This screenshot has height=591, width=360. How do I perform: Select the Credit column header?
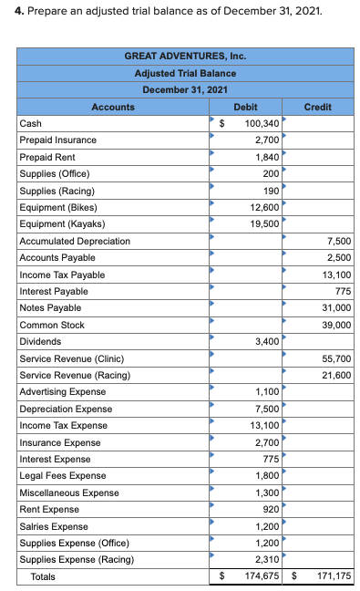[x=317, y=107]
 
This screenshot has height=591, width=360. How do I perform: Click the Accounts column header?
[x=113, y=107]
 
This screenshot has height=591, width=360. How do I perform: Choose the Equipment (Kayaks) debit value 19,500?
[x=264, y=224]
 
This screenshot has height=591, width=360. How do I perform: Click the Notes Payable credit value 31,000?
[x=336, y=308]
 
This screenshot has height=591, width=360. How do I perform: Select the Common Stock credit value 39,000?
[x=336, y=325]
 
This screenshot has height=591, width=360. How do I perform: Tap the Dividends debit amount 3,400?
[x=267, y=341]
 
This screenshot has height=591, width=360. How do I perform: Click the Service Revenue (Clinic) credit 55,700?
[x=336, y=358]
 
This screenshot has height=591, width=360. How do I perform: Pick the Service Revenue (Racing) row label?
[x=75, y=375]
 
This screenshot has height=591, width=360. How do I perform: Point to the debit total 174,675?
[x=262, y=576]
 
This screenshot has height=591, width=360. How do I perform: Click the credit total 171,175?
[x=334, y=576]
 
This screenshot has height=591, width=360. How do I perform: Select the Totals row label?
[x=43, y=576]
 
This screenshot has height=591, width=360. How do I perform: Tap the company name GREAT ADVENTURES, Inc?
[x=185, y=57]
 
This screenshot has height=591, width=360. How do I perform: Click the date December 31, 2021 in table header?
[x=185, y=89]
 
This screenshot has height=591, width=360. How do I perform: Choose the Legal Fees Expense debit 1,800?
[x=267, y=475]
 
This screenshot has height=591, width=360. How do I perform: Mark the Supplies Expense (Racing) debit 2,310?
[x=267, y=559]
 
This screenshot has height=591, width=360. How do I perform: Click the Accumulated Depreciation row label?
[x=75, y=241]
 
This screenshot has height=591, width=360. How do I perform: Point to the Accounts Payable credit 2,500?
[x=339, y=258]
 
